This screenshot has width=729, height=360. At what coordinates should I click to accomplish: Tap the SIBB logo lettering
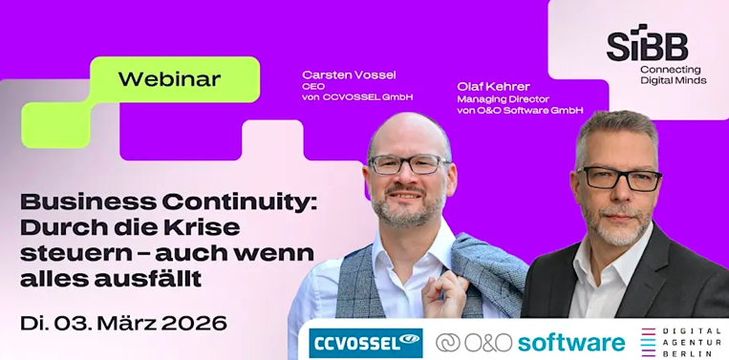click(647, 44)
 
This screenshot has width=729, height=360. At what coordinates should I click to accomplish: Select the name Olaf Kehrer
click(493, 86)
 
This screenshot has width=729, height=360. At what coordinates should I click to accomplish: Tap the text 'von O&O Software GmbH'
click(520, 110)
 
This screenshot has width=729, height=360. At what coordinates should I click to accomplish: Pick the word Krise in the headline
click(198, 228)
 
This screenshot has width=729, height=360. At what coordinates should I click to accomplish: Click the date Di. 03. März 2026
click(123, 322)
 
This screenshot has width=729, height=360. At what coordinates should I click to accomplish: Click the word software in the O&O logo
click(572, 342)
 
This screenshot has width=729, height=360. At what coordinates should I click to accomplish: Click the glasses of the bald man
click(411, 163)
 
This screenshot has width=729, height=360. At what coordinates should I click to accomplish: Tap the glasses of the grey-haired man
click(618, 178)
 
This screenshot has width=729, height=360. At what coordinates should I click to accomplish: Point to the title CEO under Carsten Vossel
click(313, 86)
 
